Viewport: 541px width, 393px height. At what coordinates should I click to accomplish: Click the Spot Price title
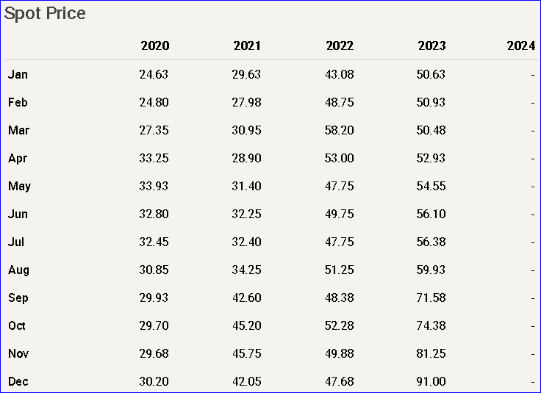click(x=45, y=14)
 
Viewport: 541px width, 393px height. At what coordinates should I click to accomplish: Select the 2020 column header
click(x=155, y=46)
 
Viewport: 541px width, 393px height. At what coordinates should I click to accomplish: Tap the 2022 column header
click(x=340, y=46)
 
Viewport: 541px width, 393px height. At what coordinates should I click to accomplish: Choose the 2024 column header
click(x=521, y=46)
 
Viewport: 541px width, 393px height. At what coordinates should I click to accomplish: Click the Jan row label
click(x=18, y=74)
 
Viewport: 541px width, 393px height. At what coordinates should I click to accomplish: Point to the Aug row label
click(x=18, y=270)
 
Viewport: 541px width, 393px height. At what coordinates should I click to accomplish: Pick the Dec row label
click(x=18, y=381)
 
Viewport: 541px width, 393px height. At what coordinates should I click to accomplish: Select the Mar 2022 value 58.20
click(x=340, y=130)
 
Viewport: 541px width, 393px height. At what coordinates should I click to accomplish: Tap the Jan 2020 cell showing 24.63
click(x=154, y=74)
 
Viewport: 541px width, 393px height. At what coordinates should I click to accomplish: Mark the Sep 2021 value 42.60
click(x=247, y=298)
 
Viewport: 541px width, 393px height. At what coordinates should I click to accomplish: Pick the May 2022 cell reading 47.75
click(x=340, y=186)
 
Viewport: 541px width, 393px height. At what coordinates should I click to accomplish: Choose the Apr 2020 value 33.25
click(x=154, y=158)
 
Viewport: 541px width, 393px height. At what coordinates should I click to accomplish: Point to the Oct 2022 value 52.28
click(x=340, y=325)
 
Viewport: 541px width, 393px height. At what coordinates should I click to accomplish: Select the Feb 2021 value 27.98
click(x=247, y=102)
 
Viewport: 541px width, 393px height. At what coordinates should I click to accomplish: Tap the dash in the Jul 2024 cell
click(x=532, y=242)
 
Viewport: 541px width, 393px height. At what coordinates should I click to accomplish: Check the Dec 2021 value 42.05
click(x=247, y=381)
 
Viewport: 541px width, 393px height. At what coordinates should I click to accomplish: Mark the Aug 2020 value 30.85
click(x=154, y=270)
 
